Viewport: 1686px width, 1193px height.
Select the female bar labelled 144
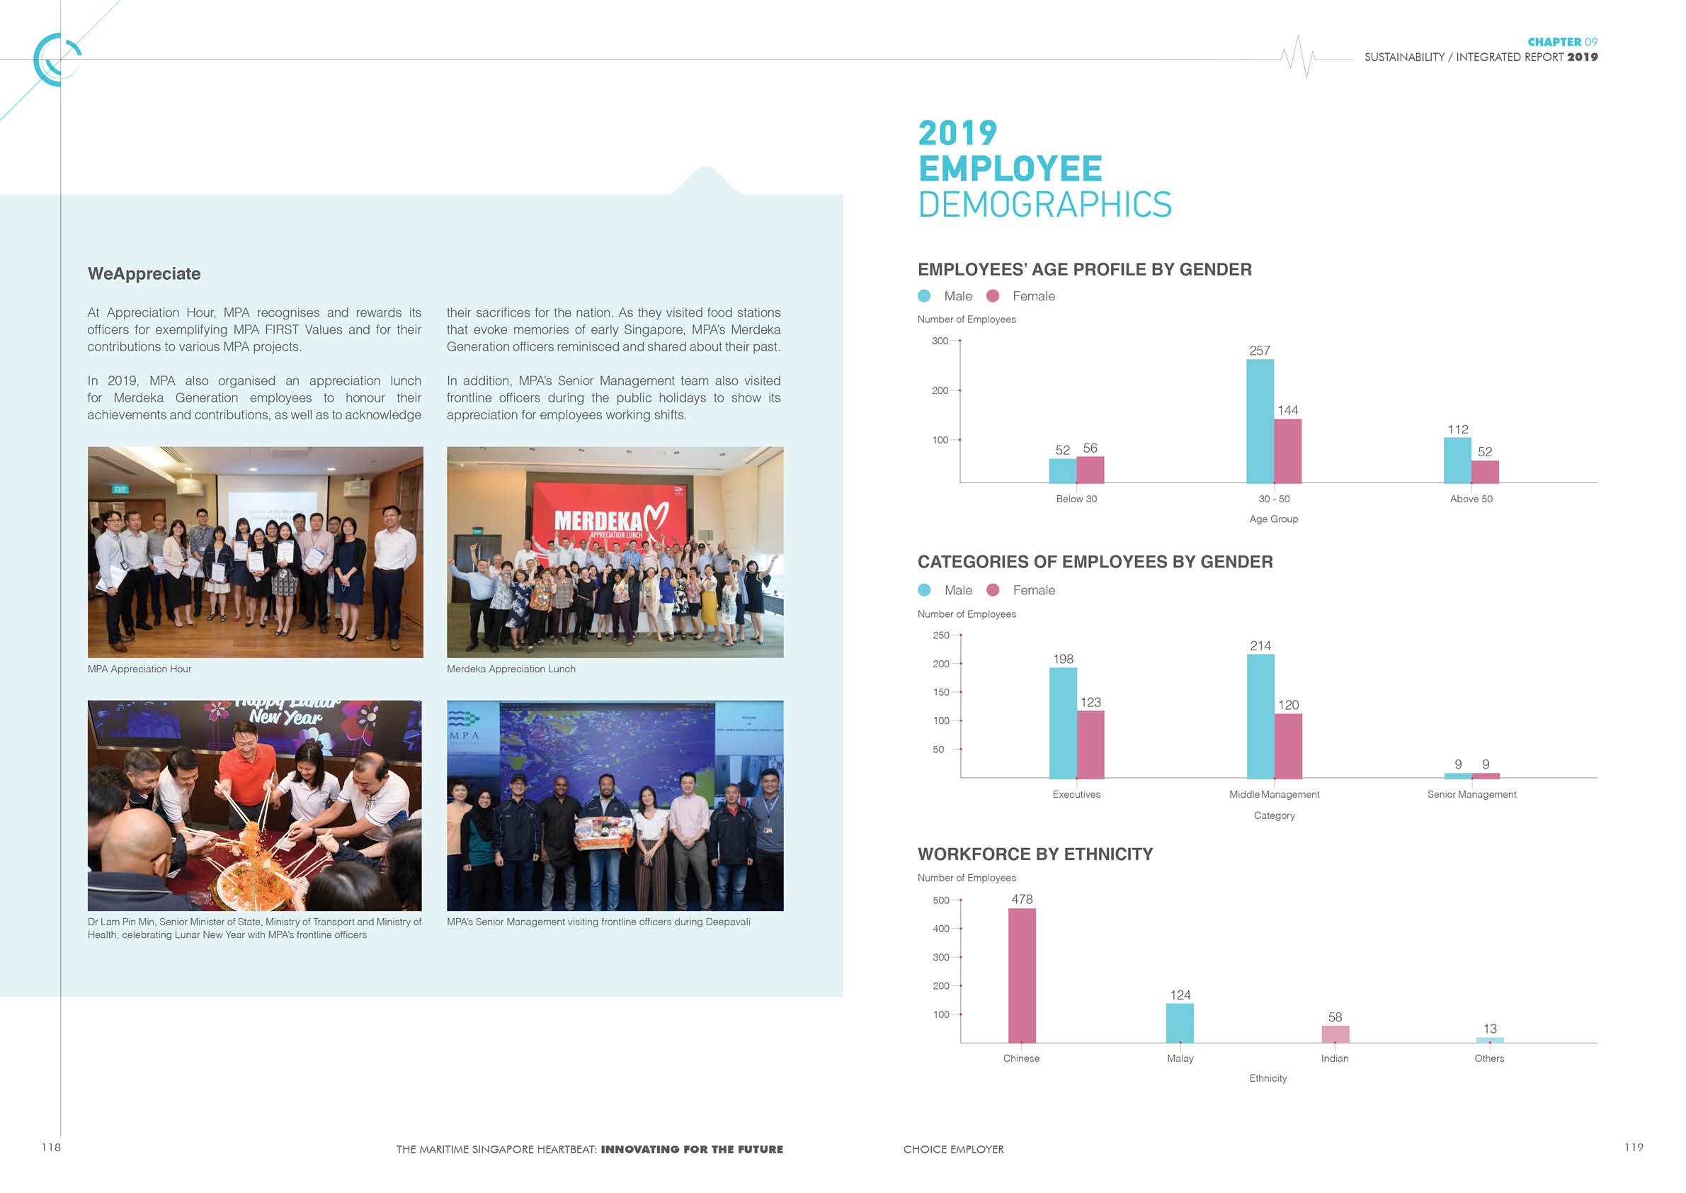click(1287, 451)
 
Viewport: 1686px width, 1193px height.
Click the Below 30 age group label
click(1076, 499)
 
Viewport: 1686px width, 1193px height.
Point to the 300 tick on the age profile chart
click(940, 341)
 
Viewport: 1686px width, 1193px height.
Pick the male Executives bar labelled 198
click(1063, 723)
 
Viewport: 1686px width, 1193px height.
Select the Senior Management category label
click(1471, 794)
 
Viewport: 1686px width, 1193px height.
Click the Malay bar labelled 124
click(1179, 1022)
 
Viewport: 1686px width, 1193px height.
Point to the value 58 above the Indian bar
click(1334, 1017)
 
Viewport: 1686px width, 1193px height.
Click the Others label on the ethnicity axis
click(1488, 1058)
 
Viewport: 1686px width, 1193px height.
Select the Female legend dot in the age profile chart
click(993, 296)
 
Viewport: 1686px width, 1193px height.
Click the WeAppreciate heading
click(144, 273)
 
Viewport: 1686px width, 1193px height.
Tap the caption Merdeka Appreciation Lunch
click(511, 669)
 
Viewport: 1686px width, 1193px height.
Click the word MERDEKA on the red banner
click(598, 520)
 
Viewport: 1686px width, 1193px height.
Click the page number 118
click(51, 1147)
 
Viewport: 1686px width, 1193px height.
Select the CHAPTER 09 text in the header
click(1562, 42)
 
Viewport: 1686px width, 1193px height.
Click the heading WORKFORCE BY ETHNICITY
click(1035, 854)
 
